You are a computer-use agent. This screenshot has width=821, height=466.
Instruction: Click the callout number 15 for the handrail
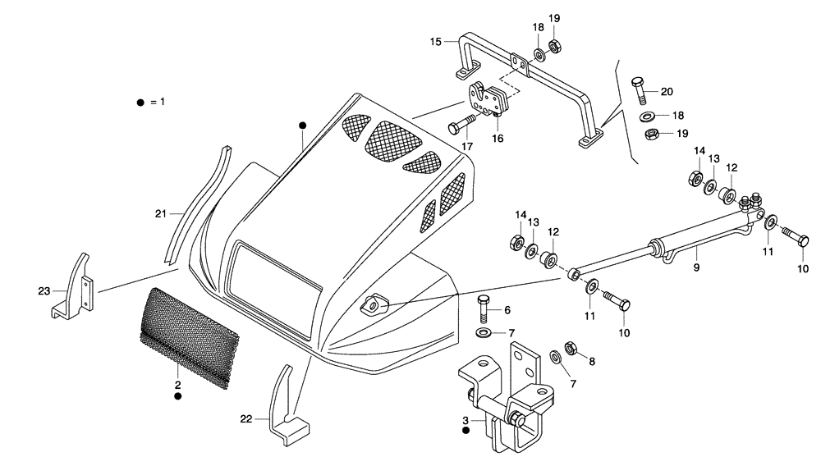(435, 40)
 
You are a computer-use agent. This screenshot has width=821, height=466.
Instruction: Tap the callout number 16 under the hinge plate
(498, 139)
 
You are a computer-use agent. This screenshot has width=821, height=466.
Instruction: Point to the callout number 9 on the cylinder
(696, 267)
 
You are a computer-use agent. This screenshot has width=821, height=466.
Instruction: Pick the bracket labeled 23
(74, 287)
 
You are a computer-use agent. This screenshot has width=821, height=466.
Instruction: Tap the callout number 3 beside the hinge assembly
(466, 421)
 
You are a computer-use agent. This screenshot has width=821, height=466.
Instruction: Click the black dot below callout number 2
(177, 396)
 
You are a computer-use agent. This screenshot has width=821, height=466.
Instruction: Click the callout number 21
(161, 214)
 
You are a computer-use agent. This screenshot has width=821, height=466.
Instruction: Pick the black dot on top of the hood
(302, 125)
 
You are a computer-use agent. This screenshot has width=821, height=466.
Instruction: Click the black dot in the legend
(140, 102)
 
